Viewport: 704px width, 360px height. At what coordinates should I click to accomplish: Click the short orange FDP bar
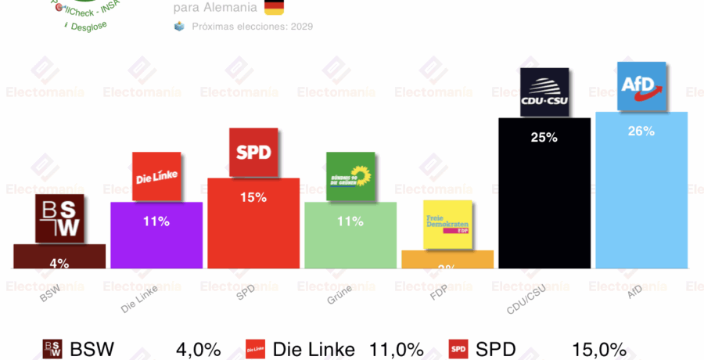[x=447, y=260]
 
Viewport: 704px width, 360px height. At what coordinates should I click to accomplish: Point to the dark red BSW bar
[x=59, y=257]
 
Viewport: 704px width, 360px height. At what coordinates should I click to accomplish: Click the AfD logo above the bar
[x=641, y=86]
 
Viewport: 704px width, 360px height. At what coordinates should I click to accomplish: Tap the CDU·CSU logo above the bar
[x=544, y=92]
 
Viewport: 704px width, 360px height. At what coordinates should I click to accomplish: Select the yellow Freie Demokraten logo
[x=447, y=225]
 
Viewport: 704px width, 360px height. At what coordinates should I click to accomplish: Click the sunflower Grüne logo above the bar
[x=350, y=177]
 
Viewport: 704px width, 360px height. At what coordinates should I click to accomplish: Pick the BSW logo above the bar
[x=59, y=218]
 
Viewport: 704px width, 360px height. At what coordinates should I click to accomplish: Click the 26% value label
[x=641, y=131]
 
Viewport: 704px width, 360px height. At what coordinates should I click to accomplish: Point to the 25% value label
[x=544, y=138]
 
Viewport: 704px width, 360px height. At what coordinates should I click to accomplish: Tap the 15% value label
[x=253, y=198]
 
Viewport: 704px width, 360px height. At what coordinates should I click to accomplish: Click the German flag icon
[x=274, y=7]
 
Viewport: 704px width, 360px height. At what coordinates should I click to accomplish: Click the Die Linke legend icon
[x=255, y=349]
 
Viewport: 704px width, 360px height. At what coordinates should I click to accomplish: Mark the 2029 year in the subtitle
[x=302, y=26]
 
